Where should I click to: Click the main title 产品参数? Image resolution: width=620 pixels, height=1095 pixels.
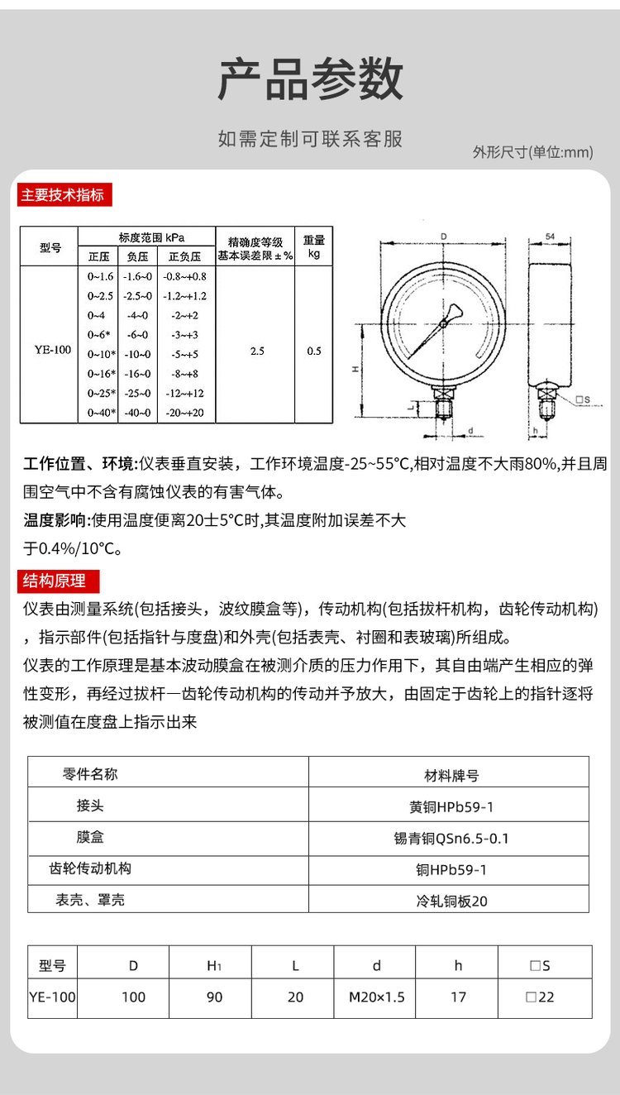coord(310,80)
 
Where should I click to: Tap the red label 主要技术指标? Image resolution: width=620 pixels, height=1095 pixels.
coord(63,195)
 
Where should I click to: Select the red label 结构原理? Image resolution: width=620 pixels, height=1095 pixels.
coord(55,581)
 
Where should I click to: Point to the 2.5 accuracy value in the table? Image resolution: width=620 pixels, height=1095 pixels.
coord(257,351)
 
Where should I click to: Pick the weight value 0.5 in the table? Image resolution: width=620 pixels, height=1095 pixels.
coord(314,351)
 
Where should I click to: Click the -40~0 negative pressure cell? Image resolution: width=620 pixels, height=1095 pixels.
coord(137,413)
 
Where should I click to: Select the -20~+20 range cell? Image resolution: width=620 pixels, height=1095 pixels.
coord(185,413)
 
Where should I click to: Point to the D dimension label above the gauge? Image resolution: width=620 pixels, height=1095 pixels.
coord(444,237)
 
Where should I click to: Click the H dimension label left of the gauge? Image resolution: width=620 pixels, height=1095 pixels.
coord(355,370)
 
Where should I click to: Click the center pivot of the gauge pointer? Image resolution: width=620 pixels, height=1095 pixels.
coord(443,323)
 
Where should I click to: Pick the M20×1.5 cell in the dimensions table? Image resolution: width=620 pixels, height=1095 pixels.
coord(377,997)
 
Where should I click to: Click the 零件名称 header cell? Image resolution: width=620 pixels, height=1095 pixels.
coord(91,774)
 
